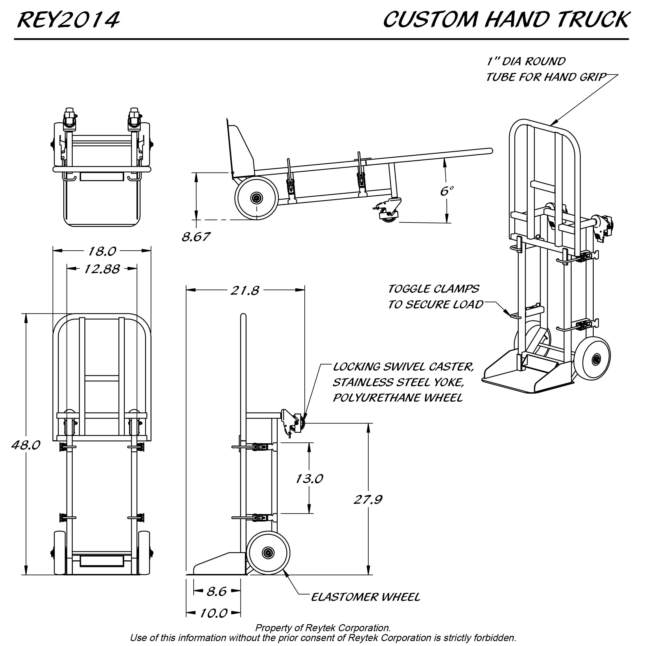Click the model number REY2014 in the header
pyautogui.click(x=68, y=20)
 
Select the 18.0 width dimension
pyautogui.click(x=102, y=251)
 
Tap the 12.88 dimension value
pyautogui.click(x=102, y=269)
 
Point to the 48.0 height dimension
pyautogui.click(x=26, y=445)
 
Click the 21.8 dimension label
pyautogui.click(x=245, y=290)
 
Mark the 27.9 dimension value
pyautogui.click(x=368, y=500)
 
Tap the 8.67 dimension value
pyautogui.click(x=196, y=237)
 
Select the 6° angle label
pyautogui.click(x=447, y=191)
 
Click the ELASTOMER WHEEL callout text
pyautogui.click(x=365, y=597)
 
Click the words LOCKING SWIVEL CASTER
pyautogui.click(x=403, y=367)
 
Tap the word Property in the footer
pyautogui.click(x=270, y=628)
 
